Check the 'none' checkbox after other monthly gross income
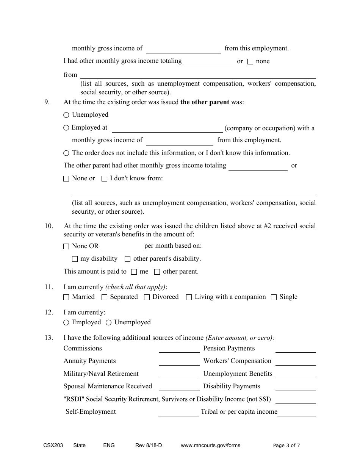pyautogui.click(x=250, y=62)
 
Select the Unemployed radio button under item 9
pyautogui.click(x=66, y=115)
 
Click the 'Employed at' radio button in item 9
pyautogui.click(x=66, y=128)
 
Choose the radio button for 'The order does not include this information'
pyautogui.click(x=66, y=153)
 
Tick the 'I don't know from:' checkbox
pyautogui.click(x=105, y=178)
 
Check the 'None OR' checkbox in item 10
pyautogui.click(x=66, y=246)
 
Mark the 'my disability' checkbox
pyautogui.click(x=75, y=259)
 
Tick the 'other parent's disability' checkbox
pyautogui.click(x=128, y=259)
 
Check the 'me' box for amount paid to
pyautogui.click(x=134, y=272)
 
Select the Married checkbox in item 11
pyautogui.click(x=66, y=297)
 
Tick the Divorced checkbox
pyautogui.click(x=147, y=297)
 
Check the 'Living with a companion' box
pyautogui.click(x=189, y=297)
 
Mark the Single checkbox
pyautogui.click(x=274, y=297)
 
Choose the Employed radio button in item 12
pyautogui.click(x=66, y=322)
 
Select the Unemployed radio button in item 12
pyautogui.click(x=108, y=322)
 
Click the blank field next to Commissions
pyautogui.click(x=179, y=349)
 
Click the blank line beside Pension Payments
pyautogui.click(x=296, y=349)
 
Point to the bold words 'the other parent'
pyautogui.click(x=205, y=102)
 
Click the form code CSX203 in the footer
pyautogui.click(x=53, y=446)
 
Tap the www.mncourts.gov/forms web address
pyautogui.click(x=210, y=446)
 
